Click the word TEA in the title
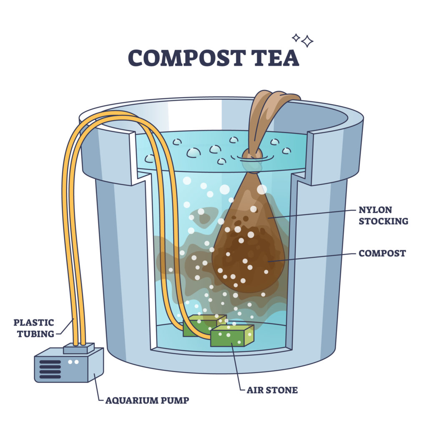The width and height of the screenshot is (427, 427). pyautogui.click(x=276, y=58)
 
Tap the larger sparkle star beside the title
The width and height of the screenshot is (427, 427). pyautogui.click(x=307, y=41)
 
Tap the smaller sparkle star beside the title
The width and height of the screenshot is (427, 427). pyautogui.click(x=296, y=38)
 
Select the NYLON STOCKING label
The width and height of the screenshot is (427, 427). pyautogui.click(x=383, y=216)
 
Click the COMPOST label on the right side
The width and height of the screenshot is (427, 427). pyautogui.click(x=382, y=253)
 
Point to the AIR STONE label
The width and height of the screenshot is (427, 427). pyautogui.click(x=272, y=390)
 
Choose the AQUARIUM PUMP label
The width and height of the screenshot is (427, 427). pyautogui.click(x=147, y=400)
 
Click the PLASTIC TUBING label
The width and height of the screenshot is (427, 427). pyautogui.click(x=34, y=328)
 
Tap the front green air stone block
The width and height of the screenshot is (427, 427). pyautogui.click(x=232, y=335)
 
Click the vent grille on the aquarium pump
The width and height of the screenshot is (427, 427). pyautogui.click(x=50, y=369)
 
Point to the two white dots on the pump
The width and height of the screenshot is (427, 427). pyautogui.click(x=73, y=362)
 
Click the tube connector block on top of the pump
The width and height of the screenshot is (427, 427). pyautogui.click(x=79, y=348)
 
